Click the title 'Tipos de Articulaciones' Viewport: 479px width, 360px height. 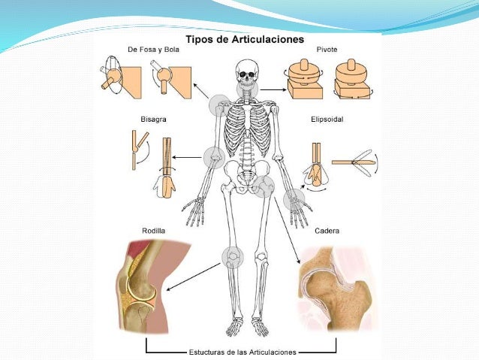tap(245, 39)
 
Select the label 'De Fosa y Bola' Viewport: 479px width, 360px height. tap(153, 50)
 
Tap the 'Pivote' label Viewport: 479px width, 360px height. tap(327, 50)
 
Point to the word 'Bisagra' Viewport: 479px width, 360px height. tap(153, 119)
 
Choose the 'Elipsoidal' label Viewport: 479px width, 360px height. tap(327, 119)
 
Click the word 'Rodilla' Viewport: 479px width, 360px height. tap(154, 231)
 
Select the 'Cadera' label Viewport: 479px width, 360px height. tap(327, 231)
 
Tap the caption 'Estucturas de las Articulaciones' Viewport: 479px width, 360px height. tap(243, 352)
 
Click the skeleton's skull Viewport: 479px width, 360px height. tap(247, 72)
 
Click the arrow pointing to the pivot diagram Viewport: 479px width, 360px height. tap(273, 89)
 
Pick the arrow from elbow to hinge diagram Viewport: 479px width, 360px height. tap(187, 158)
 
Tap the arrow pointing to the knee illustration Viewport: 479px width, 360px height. tap(194, 277)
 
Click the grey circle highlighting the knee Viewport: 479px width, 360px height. tap(233, 258)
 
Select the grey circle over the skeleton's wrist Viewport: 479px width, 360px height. tap(294, 200)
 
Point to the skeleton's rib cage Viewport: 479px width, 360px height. tap(248, 125)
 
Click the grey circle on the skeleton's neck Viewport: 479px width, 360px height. tap(248, 89)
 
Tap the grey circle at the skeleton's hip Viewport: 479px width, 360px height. tap(263, 186)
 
